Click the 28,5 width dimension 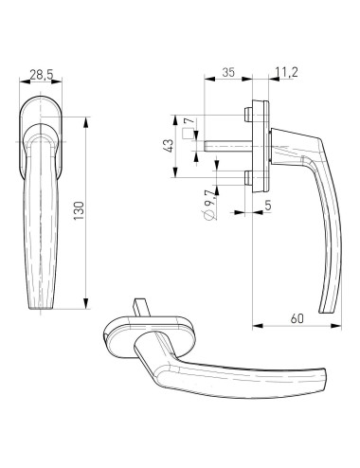tap(41, 75)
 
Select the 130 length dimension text tap(79, 210)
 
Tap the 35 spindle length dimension tap(228, 72)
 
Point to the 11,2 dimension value tap(286, 72)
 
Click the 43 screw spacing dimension tap(169, 146)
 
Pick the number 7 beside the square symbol tap(188, 121)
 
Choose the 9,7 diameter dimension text tap(209, 198)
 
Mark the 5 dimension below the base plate tap(268, 206)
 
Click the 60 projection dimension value tap(297, 318)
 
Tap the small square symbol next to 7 tap(188, 134)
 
